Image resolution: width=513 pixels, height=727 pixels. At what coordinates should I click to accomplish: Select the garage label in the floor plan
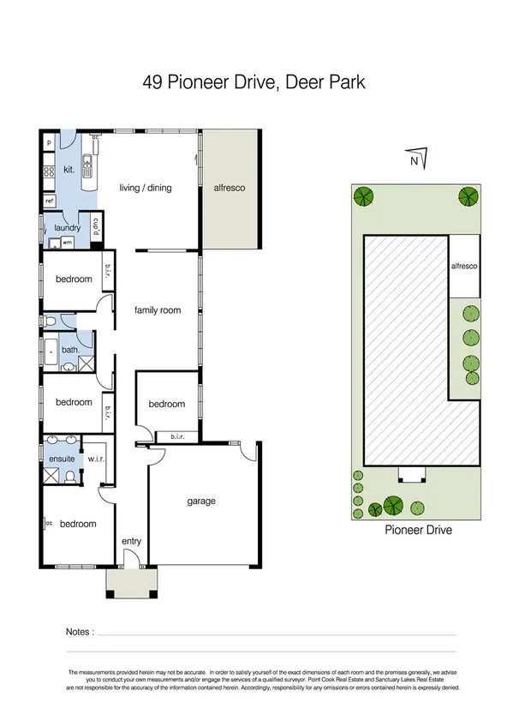pyautogui.click(x=202, y=502)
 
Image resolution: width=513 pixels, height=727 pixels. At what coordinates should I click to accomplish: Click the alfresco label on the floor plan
pyautogui.click(x=230, y=187)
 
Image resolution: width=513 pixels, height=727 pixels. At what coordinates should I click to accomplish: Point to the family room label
pyautogui.click(x=158, y=310)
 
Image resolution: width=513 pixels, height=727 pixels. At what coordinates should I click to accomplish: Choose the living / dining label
pyautogui.click(x=145, y=188)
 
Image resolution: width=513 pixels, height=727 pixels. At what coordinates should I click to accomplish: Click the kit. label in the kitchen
pyautogui.click(x=69, y=170)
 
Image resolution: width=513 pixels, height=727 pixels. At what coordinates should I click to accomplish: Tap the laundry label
pyautogui.click(x=67, y=228)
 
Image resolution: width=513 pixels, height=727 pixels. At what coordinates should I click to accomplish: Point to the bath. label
pyautogui.click(x=70, y=350)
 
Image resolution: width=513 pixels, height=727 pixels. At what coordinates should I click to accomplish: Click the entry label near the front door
pyautogui.click(x=132, y=540)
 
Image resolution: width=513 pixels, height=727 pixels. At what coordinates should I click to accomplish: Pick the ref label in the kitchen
pyautogui.click(x=49, y=201)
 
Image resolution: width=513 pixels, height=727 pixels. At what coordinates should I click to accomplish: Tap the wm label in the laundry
pyautogui.click(x=67, y=243)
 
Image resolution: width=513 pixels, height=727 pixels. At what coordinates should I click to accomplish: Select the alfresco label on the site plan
pyautogui.click(x=464, y=267)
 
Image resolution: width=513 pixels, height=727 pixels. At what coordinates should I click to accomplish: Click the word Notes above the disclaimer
pyautogui.click(x=79, y=633)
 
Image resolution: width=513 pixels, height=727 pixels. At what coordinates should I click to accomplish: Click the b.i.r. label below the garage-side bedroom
pyautogui.click(x=178, y=436)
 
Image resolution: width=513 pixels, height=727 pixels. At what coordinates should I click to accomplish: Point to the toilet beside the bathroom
pyautogui.click(x=50, y=321)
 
